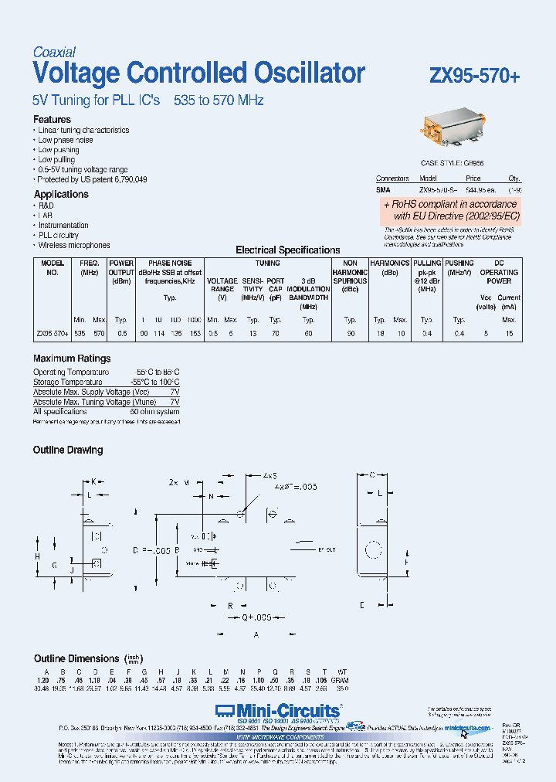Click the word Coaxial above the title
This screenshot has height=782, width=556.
click(x=54, y=53)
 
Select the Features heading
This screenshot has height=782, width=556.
click(x=52, y=120)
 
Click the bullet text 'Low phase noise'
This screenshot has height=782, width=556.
click(x=66, y=141)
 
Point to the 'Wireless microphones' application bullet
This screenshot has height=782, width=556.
click(x=74, y=245)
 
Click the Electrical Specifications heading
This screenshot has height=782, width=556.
click(x=287, y=250)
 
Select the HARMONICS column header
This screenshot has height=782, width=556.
click(x=389, y=263)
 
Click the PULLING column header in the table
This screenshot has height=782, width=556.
click(x=426, y=263)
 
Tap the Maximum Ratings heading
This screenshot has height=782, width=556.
click(x=72, y=359)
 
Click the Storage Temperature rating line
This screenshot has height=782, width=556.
click(x=107, y=382)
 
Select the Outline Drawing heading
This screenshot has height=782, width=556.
click(x=68, y=450)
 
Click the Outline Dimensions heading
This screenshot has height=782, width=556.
click(x=76, y=658)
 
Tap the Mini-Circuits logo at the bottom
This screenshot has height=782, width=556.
click(x=277, y=710)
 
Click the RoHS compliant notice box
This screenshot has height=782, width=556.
click(x=450, y=210)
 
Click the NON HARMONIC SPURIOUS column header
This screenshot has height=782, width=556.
click(x=350, y=272)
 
